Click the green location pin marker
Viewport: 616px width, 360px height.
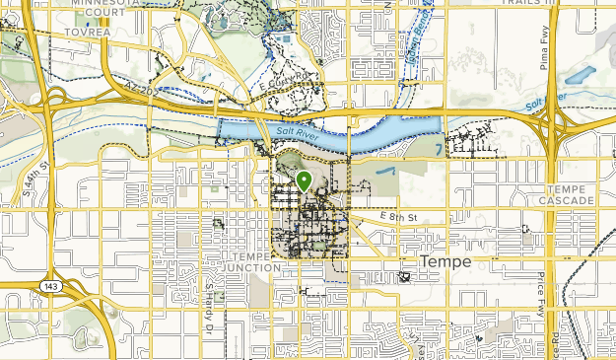[304, 181]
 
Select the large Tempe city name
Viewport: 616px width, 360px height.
[446, 262]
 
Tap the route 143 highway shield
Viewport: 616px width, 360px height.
[48, 284]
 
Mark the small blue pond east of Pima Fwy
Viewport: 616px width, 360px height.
[582, 75]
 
